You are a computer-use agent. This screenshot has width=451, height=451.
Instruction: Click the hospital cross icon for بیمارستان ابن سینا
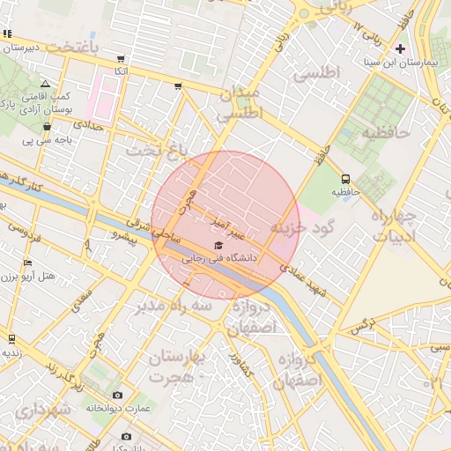(402, 48)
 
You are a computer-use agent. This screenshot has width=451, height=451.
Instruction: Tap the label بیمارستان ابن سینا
(402, 64)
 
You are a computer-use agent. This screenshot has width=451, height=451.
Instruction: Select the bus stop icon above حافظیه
(344, 177)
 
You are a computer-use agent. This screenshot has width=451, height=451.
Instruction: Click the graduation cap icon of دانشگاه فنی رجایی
(218, 245)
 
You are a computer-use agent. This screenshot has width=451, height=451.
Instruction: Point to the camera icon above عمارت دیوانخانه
(118, 396)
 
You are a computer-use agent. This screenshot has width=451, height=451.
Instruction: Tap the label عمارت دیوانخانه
(119, 409)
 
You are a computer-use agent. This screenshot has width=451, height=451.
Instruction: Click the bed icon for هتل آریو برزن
(28, 262)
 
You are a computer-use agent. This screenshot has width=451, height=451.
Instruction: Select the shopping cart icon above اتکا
(121, 58)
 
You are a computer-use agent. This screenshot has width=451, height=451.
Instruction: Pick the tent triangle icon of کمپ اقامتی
(45, 84)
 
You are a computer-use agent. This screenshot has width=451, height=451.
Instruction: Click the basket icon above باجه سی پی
(47, 127)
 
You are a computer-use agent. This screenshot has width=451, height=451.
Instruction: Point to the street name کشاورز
(241, 365)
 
